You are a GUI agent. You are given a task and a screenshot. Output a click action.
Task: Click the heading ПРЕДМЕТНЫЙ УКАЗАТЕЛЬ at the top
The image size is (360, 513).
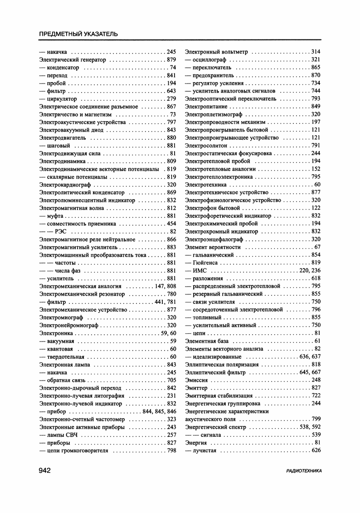pos(78,34)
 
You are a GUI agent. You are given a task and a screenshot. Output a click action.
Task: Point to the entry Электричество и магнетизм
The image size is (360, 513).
pos(75,114)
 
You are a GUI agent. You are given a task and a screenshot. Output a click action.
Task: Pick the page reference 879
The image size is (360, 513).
pos(171,59)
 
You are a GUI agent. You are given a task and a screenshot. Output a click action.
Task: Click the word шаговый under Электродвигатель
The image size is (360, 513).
pos(58,146)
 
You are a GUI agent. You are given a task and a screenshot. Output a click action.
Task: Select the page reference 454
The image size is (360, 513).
pos(171,224)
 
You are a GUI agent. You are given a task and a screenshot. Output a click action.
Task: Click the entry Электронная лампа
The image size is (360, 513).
pos(65,364)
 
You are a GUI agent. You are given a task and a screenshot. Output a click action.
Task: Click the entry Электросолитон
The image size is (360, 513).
pos(206,146)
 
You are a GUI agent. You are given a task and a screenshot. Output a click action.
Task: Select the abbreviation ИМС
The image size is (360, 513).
pos(199,270)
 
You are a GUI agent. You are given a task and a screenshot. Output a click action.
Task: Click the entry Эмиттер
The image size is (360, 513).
pos(196,388)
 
